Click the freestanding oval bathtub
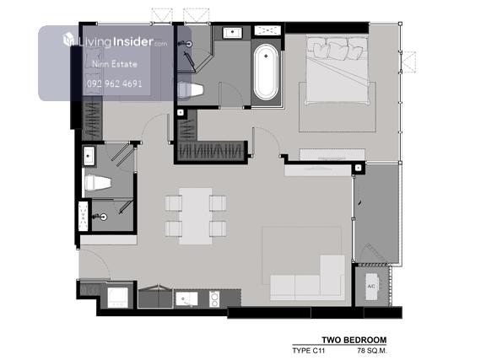tap(266, 73)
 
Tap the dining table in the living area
tap(196, 216)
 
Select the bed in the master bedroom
tap(337, 70)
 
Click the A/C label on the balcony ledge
tap(371, 287)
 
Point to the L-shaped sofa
tap(307, 278)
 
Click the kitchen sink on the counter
tap(186, 299)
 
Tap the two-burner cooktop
tap(214, 299)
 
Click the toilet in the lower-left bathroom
tap(98, 182)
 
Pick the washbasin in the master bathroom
tap(233, 33)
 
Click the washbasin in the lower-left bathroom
tap(89, 156)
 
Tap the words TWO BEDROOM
tap(354, 340)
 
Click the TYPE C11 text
tap(309, 351)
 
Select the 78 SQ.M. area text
tap(372, 351)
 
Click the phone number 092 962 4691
tap(115, 83)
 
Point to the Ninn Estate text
tap(115, 64)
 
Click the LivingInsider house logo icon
tap(68, 40)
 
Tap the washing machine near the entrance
tap(118, 298)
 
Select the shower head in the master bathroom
tap(188, 44)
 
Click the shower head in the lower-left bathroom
tap(102, 217)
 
